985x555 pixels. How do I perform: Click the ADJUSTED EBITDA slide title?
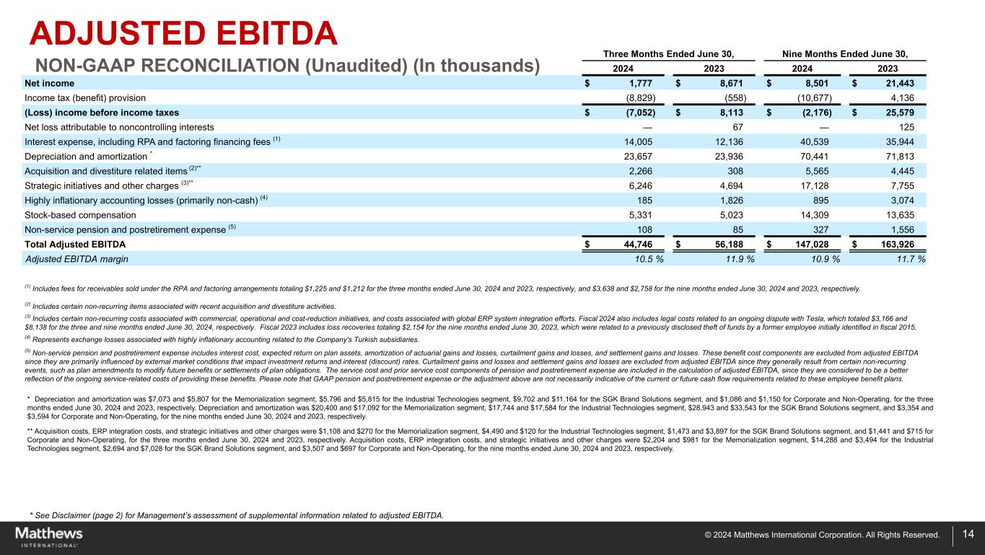click(183, 35)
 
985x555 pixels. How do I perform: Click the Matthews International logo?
click(48, 536)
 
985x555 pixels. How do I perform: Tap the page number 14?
click(968, 534)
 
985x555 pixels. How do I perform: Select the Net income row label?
click(48, 83)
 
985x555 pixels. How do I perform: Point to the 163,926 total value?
click(902, 244)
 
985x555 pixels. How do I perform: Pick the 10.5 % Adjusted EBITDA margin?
click(646, 258)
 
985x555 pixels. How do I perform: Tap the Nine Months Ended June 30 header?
click(844, 53)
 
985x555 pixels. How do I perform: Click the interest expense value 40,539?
click(820, 141)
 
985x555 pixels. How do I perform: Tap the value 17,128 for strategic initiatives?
click(820, 185)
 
